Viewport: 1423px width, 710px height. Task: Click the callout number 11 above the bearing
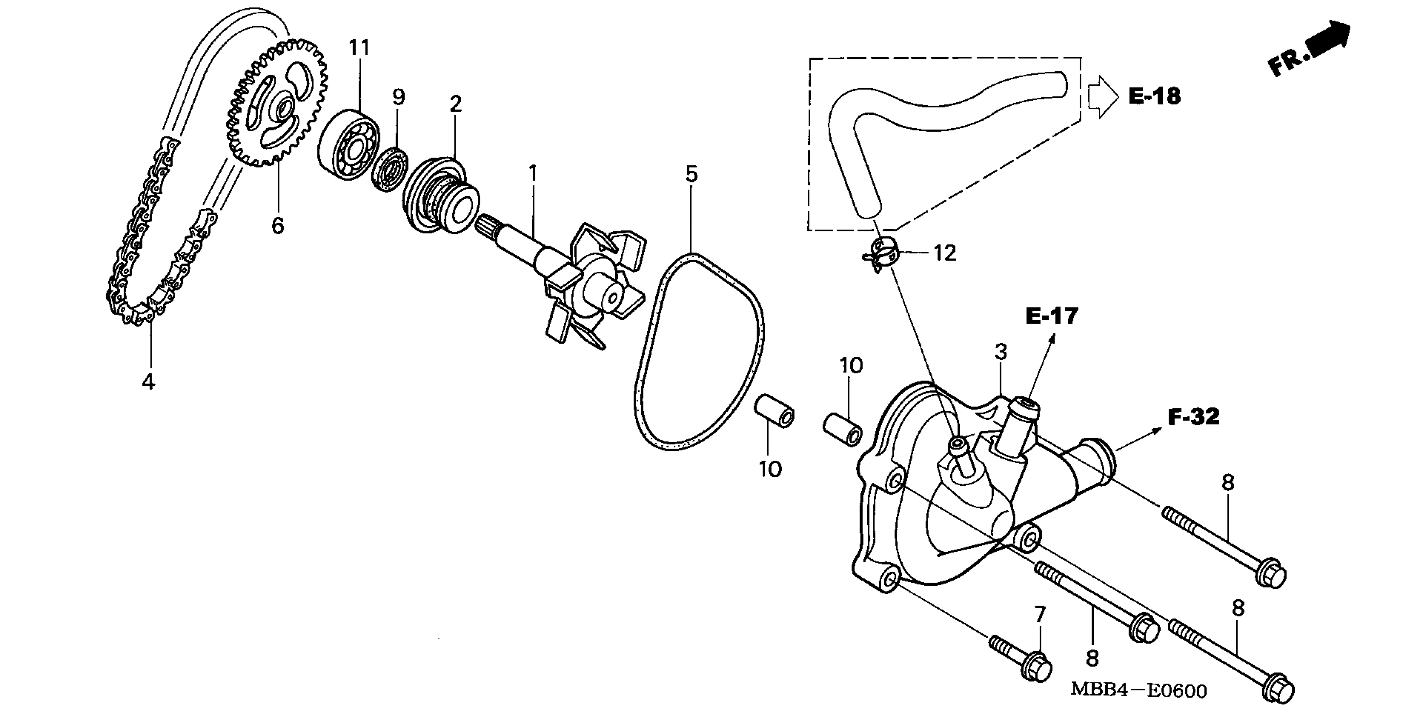click(x=359, y=48)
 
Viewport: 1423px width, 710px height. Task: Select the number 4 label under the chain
click(x=147, y=381)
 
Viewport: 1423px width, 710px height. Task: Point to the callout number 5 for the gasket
click(x=691, y=174)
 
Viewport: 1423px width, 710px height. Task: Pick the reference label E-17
click(x=1051, y=316)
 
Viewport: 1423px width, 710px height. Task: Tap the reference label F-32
click(x=1193, y=417)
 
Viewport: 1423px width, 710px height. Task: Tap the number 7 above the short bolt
click(x=1040, y=614)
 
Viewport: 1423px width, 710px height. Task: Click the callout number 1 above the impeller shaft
click(x=533, y=173)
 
